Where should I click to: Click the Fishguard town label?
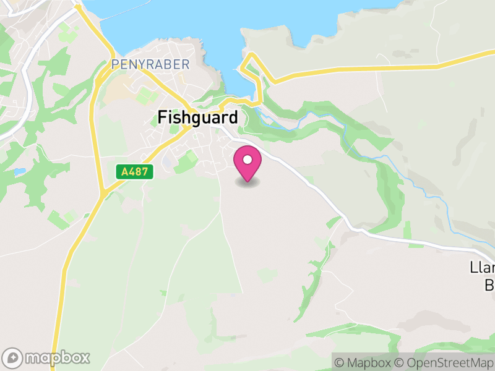click(197, 117)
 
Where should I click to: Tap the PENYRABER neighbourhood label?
click(140, 64)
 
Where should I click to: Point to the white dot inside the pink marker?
click(247, 160)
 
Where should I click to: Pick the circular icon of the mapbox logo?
click(14, 357)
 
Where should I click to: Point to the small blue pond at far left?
click(19, 171)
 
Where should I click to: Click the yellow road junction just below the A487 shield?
click(101, 195)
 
